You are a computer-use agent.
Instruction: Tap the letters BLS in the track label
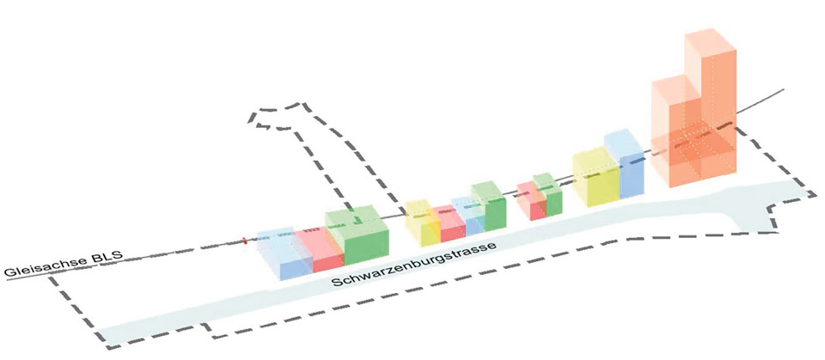click(110, 257)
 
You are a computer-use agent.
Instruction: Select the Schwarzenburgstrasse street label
click(414, 265)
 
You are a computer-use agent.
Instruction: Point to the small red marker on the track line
click(244, 241)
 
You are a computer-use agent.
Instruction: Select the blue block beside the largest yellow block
click(625, 163)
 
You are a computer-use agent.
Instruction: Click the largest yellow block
click(595, 176)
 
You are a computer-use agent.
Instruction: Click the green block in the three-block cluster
click(357, 235)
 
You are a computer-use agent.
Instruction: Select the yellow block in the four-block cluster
click(423, 223)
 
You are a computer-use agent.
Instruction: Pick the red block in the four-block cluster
click(448, 223)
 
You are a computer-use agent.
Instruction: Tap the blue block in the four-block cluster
click(467, 216)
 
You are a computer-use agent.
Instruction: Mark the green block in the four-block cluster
click(489, 205)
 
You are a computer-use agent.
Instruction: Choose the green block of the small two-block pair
click(547, 194)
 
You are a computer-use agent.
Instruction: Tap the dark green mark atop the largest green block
click(357, 219)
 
